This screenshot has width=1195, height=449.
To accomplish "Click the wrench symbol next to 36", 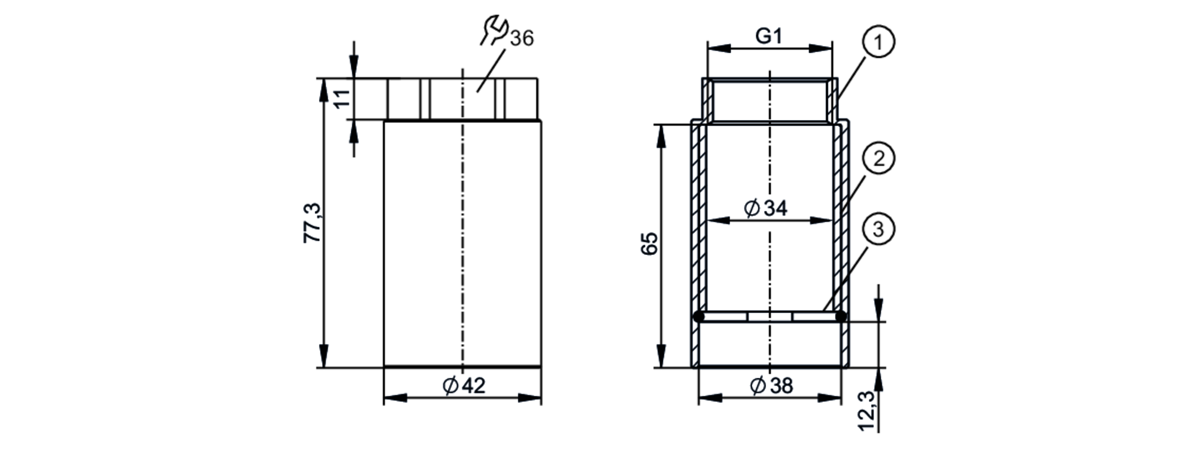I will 494,30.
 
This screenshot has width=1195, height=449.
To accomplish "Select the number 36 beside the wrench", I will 522,38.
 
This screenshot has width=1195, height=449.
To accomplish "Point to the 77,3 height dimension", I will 312,223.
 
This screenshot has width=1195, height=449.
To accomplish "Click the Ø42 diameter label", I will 464,386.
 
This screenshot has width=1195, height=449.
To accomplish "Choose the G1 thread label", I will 769,36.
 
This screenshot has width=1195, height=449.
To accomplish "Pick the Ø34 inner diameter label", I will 766,208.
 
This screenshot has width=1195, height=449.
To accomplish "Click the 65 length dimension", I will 649,243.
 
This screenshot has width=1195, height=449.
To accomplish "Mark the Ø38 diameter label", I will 771,386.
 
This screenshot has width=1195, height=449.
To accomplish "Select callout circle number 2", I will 878,159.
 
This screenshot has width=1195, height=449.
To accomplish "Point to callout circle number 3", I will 878,230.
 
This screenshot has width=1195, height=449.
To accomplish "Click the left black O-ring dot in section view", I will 698,316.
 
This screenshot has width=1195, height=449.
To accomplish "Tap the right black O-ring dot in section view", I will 841,316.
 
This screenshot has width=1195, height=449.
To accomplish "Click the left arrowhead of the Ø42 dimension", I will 395,398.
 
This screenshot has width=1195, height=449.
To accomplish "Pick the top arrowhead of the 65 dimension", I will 661,136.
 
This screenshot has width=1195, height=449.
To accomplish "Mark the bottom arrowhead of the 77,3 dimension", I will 324,357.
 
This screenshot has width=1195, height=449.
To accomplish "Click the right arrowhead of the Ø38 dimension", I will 831,398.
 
